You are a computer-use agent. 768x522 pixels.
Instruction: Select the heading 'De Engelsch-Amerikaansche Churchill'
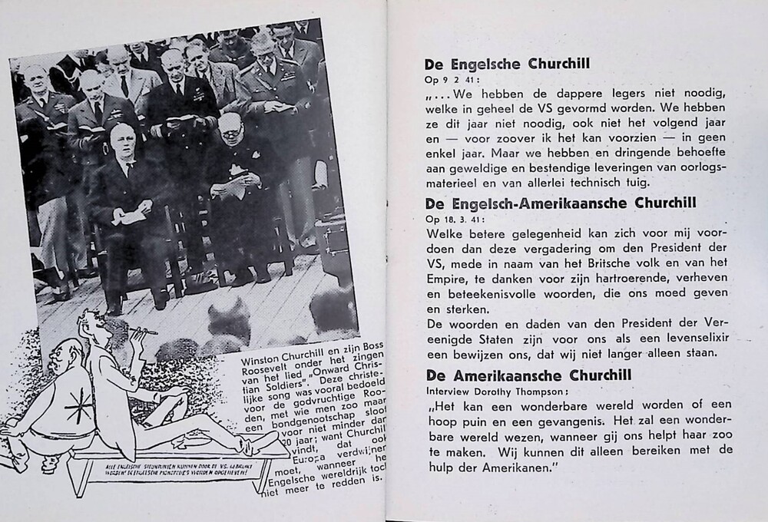[x=560, y=203]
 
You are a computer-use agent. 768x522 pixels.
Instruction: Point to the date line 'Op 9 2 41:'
[x=451, y=79]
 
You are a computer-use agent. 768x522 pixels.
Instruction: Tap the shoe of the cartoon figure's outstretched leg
[x=268, y=442]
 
